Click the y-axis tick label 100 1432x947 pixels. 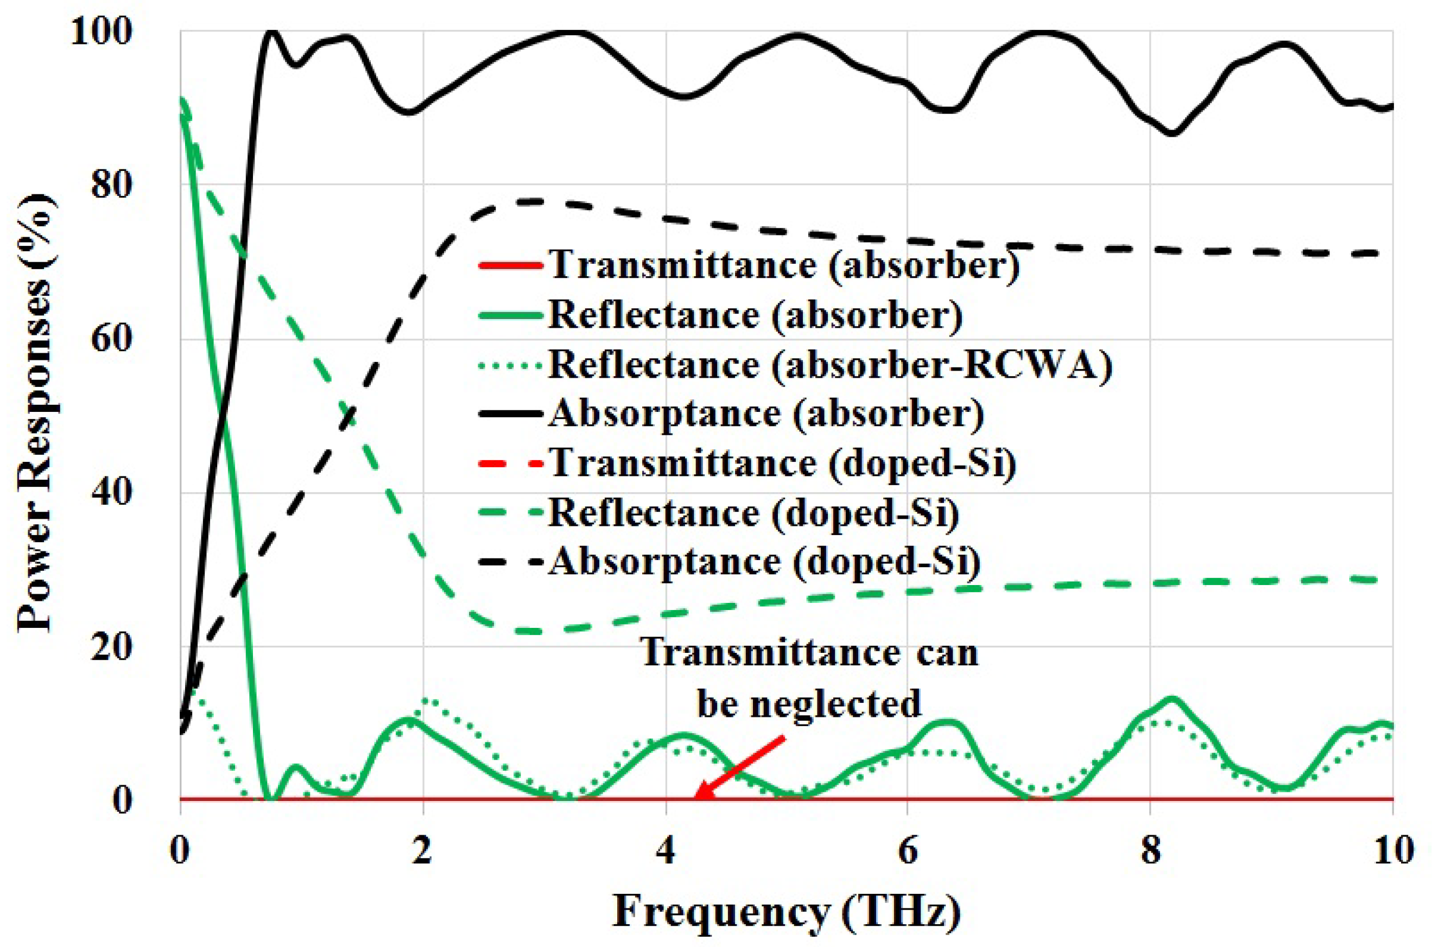click(101, 31)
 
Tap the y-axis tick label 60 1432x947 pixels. click(112, 338)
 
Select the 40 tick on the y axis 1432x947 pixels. click(112, 492)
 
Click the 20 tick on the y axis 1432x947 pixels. click(112, 646)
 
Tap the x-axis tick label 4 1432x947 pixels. click(666, 850)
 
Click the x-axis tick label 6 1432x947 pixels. click(908, 850)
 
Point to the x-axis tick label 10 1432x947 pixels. click(1389, 850)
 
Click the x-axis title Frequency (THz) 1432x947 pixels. click(787, 912)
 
